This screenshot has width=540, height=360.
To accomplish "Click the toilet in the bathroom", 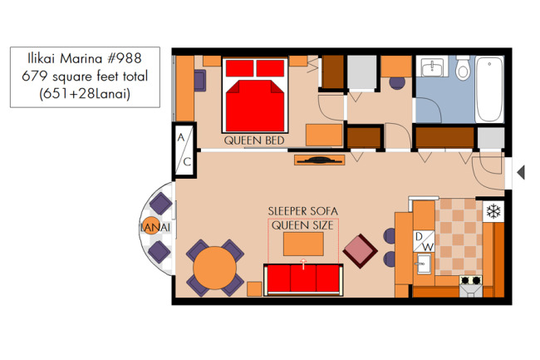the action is click(463, 68).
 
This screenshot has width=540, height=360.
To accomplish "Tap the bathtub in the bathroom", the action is click(489, 89).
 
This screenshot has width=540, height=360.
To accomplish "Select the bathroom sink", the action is click(432, 67).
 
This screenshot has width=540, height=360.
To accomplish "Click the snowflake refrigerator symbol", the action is click(493, 211).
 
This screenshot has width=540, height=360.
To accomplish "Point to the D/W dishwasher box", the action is click(424, 241).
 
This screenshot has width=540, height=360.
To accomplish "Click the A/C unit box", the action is click(184, 150).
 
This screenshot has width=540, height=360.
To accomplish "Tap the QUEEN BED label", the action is click(254, 141).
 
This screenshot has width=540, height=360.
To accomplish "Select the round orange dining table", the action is click(214, 268).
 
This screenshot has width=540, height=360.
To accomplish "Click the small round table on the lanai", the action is click(151, 225).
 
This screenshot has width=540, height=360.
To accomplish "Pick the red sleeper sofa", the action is click(303, 279).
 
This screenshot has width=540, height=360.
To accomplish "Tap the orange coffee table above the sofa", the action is click(303, 244).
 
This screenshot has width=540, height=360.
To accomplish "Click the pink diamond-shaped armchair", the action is click(360, 251).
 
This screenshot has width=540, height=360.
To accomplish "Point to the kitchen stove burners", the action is click(471, 279).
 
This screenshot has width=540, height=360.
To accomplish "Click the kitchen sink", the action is click(423, 264).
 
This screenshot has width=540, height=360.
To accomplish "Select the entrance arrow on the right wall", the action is click(521, 172).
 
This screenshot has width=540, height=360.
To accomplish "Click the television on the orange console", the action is click(319, 160).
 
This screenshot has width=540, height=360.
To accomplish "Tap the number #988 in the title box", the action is click(125, 58).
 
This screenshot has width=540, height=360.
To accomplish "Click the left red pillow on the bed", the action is click(240, 68).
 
